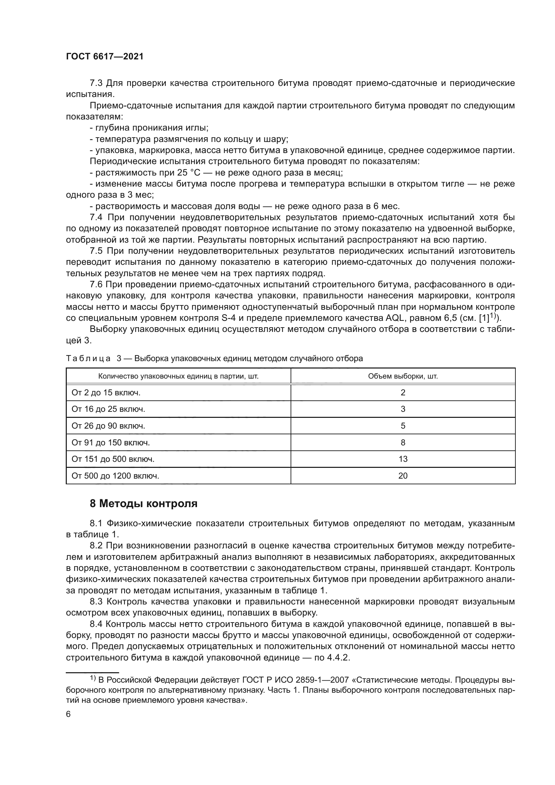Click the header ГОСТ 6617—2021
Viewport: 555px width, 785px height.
click(x=105, y=57)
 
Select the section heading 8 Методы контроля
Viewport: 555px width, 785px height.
click(x=144, y=504)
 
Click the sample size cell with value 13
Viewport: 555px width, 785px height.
click(x=403, y=459)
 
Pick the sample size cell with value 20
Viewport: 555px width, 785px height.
click(x=403, y=476)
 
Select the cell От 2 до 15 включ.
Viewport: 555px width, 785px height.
click(x=106, y=393)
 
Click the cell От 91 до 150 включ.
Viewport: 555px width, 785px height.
click(x=111, y=443)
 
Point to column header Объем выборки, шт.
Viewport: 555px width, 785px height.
click(x=403, y=377)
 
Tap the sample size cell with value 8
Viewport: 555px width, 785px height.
click(x=403, y=443)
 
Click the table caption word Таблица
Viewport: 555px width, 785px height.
click(x=88, y=359)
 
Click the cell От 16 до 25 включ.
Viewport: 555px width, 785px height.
click(x=108, y=409)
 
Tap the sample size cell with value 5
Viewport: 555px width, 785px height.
click(x=403, y=426)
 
